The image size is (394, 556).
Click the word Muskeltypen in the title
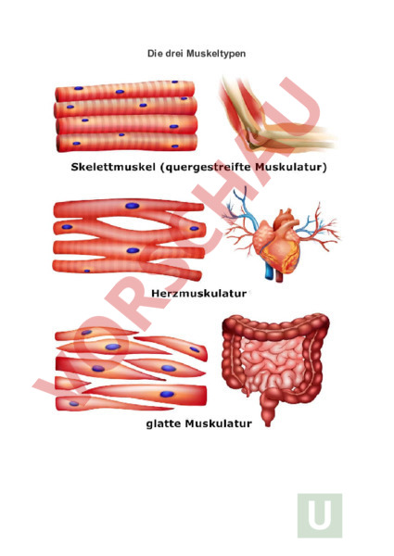click(216, 54)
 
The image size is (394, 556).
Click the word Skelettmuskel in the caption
click(113, 167)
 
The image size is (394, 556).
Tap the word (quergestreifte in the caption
click(206, 167)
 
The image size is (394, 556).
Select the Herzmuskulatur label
click(198, 293)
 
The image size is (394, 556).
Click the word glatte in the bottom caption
click(164, 423)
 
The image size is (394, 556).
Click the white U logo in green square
click(320, 515)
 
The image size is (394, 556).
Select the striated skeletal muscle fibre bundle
click(126, 117)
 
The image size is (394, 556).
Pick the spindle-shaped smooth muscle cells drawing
click(131, 369)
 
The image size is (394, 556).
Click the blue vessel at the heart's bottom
click(270, 272)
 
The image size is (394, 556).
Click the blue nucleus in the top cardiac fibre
click(132, 206)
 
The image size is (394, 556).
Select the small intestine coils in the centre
click(273, 365)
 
